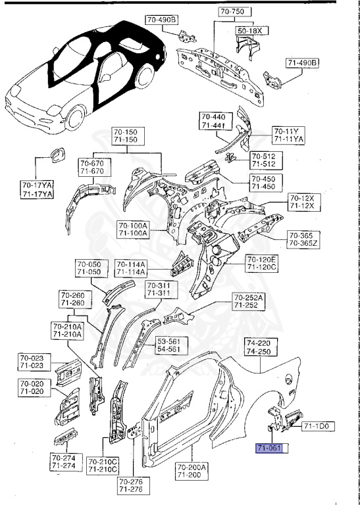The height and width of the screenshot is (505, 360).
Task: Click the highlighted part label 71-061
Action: click(x=270, y=449)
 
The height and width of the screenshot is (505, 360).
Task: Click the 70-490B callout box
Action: click(x=162, y=20)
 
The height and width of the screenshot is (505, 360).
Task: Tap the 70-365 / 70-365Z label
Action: click(x=302, y=240)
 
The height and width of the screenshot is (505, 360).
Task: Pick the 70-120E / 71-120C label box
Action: click(x=263, y=264)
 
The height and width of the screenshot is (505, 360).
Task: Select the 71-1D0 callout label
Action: click(x=319, y=426)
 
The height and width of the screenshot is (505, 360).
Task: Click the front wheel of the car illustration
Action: click(x=80, y=118)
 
